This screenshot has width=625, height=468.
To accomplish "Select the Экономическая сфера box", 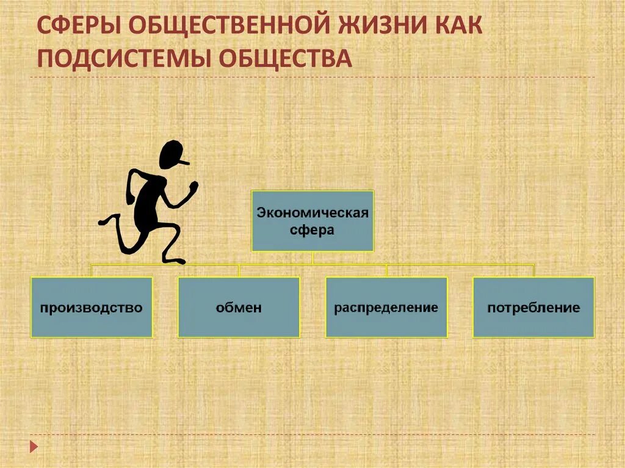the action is tap(312, 220).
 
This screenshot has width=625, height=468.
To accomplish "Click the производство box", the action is tap(92, 307).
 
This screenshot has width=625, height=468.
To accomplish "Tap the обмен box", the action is tap(239, 307).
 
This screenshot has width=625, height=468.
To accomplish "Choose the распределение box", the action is tap(386, 307).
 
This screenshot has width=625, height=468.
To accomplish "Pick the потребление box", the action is tap(533, 307).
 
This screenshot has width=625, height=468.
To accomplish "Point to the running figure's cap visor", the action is tap(184, 162).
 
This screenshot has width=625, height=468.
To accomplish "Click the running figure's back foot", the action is tap(104, 221).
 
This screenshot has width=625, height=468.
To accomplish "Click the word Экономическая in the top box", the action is tap(312, 213).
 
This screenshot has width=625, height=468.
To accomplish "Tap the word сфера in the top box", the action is tap(312, 231).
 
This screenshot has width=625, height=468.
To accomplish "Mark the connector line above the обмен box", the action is tap(239, 270).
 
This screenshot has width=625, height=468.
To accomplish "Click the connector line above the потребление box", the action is tap(533, 270).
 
